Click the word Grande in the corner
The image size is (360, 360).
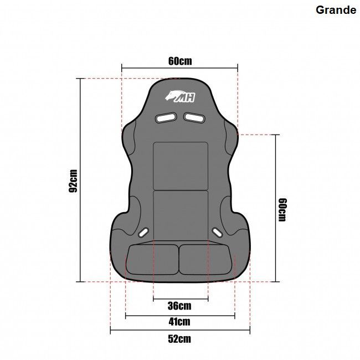336,10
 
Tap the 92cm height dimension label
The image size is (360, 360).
73,181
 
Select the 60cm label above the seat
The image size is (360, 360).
180,61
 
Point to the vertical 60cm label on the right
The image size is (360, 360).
282,210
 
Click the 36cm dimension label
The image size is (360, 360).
179,306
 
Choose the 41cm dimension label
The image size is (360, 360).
179,322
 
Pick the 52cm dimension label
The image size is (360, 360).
179,339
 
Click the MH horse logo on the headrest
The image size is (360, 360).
180,96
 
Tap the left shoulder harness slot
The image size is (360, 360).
166,117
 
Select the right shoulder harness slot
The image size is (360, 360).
194,117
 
